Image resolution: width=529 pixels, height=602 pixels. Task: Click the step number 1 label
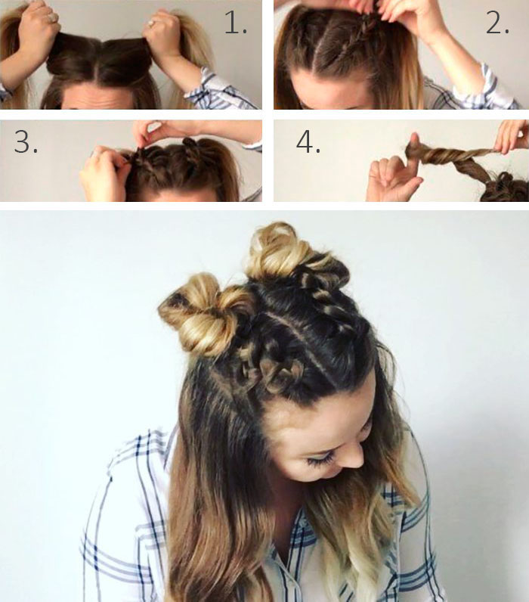[235, 22]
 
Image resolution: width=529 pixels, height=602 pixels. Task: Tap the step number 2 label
[497, 22]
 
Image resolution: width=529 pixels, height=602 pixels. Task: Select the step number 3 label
[26, 141]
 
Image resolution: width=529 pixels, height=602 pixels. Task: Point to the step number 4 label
[308, 141]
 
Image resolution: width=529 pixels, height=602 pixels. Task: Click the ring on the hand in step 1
[152, 23]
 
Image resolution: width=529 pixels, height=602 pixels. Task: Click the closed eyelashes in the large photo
[321, 460]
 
